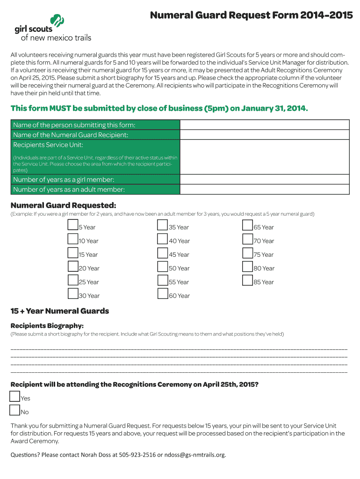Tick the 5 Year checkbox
[72, 225]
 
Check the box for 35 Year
[163, 225]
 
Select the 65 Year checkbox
[247, 225]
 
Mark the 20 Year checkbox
[72, 267]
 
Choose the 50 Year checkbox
[163, 267]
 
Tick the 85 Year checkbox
[247, 280]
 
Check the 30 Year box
[72, 294]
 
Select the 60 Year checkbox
[163, 294]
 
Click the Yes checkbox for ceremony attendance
[14, 397]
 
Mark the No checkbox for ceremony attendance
[14, 410]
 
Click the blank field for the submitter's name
[265, 124]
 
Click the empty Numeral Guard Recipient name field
[265, 134]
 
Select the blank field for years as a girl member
[265, 179]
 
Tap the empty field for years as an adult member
[265, 189]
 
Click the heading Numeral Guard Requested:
[63, 205]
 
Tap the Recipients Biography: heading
[47, 326]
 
